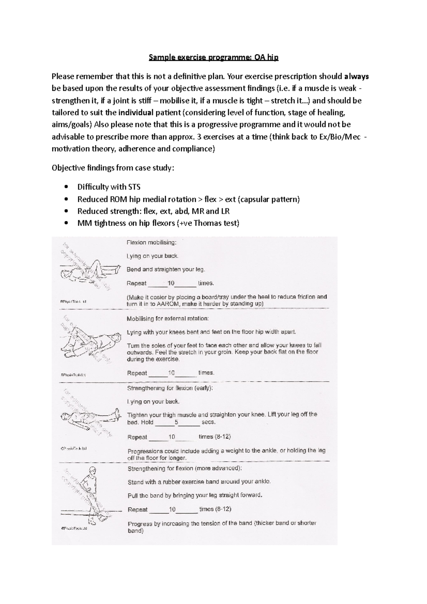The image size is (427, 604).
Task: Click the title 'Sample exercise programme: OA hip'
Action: coord(213,58)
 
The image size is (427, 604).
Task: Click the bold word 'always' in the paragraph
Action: coord(357,76)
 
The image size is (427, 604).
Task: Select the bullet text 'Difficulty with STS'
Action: coord(109,187)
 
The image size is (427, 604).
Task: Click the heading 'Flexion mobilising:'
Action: coord(151,243)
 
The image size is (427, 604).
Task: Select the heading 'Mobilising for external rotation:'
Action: coord(168,319)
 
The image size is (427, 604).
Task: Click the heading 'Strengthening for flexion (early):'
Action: coord(170,388)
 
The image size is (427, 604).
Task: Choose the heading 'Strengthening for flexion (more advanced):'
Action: coord(184,468)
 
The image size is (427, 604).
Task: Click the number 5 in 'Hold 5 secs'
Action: coord(176,422)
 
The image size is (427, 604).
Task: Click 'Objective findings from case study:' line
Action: coord(113,168)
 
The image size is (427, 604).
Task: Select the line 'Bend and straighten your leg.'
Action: coord(166,270)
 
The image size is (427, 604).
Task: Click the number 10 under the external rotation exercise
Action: coord(172,373)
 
